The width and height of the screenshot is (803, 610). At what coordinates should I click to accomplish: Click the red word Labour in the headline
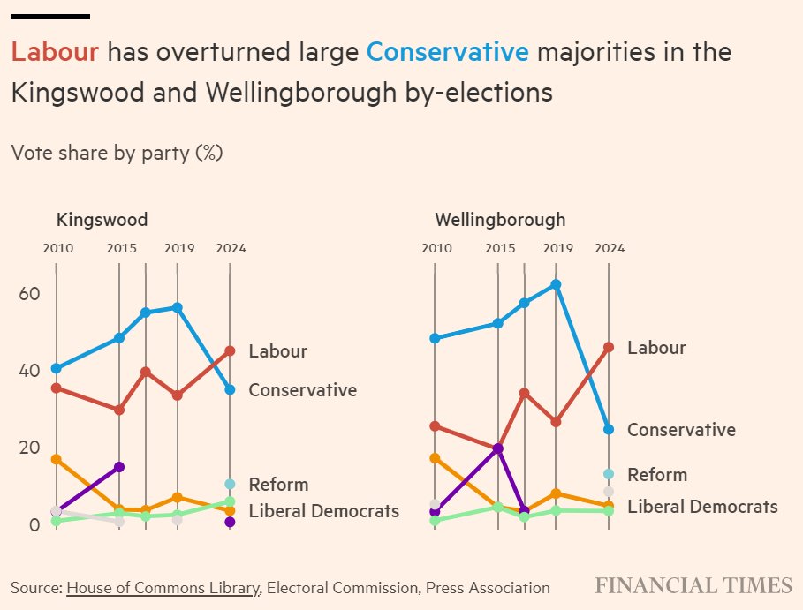coord(54,52)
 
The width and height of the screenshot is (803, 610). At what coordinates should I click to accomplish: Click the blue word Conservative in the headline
coord(447,52)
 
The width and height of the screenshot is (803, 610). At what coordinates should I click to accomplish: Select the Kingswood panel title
coord(102,220)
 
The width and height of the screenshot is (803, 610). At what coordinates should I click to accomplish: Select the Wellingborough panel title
coord(500,220)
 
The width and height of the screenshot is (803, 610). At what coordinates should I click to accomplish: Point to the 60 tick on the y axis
coord(29,293)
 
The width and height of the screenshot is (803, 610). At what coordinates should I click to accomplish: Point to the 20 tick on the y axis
coord(29,448)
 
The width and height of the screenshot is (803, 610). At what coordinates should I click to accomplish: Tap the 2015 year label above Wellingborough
coord(499,248)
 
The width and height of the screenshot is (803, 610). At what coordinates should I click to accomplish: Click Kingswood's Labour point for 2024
coord(230,350)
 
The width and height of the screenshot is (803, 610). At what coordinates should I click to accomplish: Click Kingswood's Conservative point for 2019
coord(178,307)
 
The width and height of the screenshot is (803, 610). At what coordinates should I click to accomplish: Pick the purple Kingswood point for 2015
coord(119,466)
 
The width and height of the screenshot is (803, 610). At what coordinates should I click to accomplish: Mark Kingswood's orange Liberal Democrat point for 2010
coord(57,459)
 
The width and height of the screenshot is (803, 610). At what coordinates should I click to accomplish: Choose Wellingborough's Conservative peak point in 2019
coord(556,284)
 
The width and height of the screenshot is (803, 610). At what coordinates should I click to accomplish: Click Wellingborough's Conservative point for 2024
coord(608,429)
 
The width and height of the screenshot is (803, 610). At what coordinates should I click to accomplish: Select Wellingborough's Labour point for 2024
coord(608,347)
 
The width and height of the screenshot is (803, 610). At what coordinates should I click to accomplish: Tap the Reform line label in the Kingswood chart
coord(278,485)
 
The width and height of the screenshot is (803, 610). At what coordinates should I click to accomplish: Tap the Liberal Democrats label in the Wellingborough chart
coord(702,507)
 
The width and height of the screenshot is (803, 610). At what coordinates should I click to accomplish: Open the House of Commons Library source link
coord(163,588)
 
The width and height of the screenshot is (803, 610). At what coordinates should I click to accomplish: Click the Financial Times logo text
coord(693,585)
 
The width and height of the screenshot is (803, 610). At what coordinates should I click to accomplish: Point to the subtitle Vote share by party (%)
coord(117,153)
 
